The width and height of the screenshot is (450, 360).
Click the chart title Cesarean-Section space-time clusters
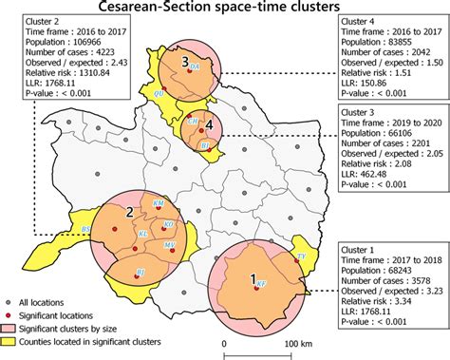225,8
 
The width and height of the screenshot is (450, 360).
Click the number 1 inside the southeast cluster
253,279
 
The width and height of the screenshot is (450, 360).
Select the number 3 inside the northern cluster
186,61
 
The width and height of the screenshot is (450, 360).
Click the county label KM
158,204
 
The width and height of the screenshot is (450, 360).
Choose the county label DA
195,68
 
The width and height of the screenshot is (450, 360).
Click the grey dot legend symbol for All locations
11,300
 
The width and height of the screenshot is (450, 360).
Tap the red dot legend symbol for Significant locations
11,313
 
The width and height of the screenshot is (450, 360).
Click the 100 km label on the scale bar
298,344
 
